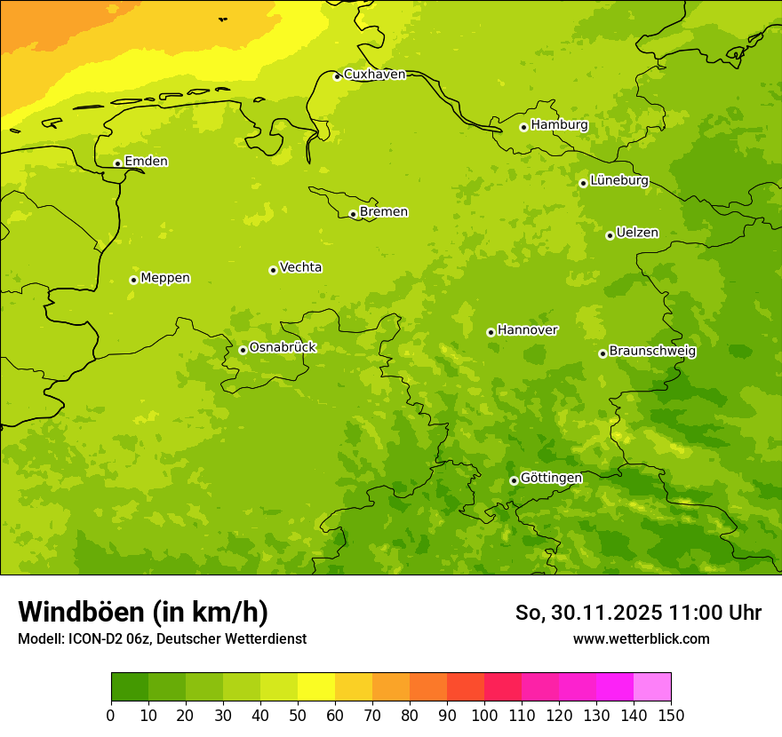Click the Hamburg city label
[x=559, y=125]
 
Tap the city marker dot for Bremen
[x=353, y=214]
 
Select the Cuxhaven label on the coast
[x=374, y=75]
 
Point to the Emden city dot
[x=117, y=163]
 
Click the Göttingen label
[x=551, y=479]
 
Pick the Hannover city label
[x=527, y=330]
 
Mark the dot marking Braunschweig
[x=602, y=353]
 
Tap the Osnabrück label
[x=283, y=347]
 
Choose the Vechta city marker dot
[x=273, y=270]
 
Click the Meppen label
[x=165, y=278]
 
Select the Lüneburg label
[x=618, y=180]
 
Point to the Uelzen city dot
[x=610, y=235]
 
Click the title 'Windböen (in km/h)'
[x=143, y=612]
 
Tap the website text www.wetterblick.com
[x=641, y=638]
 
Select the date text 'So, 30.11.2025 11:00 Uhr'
[x=638, y=613]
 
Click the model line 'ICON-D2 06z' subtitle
[x=162, y=638]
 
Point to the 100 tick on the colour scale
[x=484, y=715]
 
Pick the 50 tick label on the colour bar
[x=298, y=715]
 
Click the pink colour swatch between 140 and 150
[x=652, y=687]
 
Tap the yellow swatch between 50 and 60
[x=316, y=687]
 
